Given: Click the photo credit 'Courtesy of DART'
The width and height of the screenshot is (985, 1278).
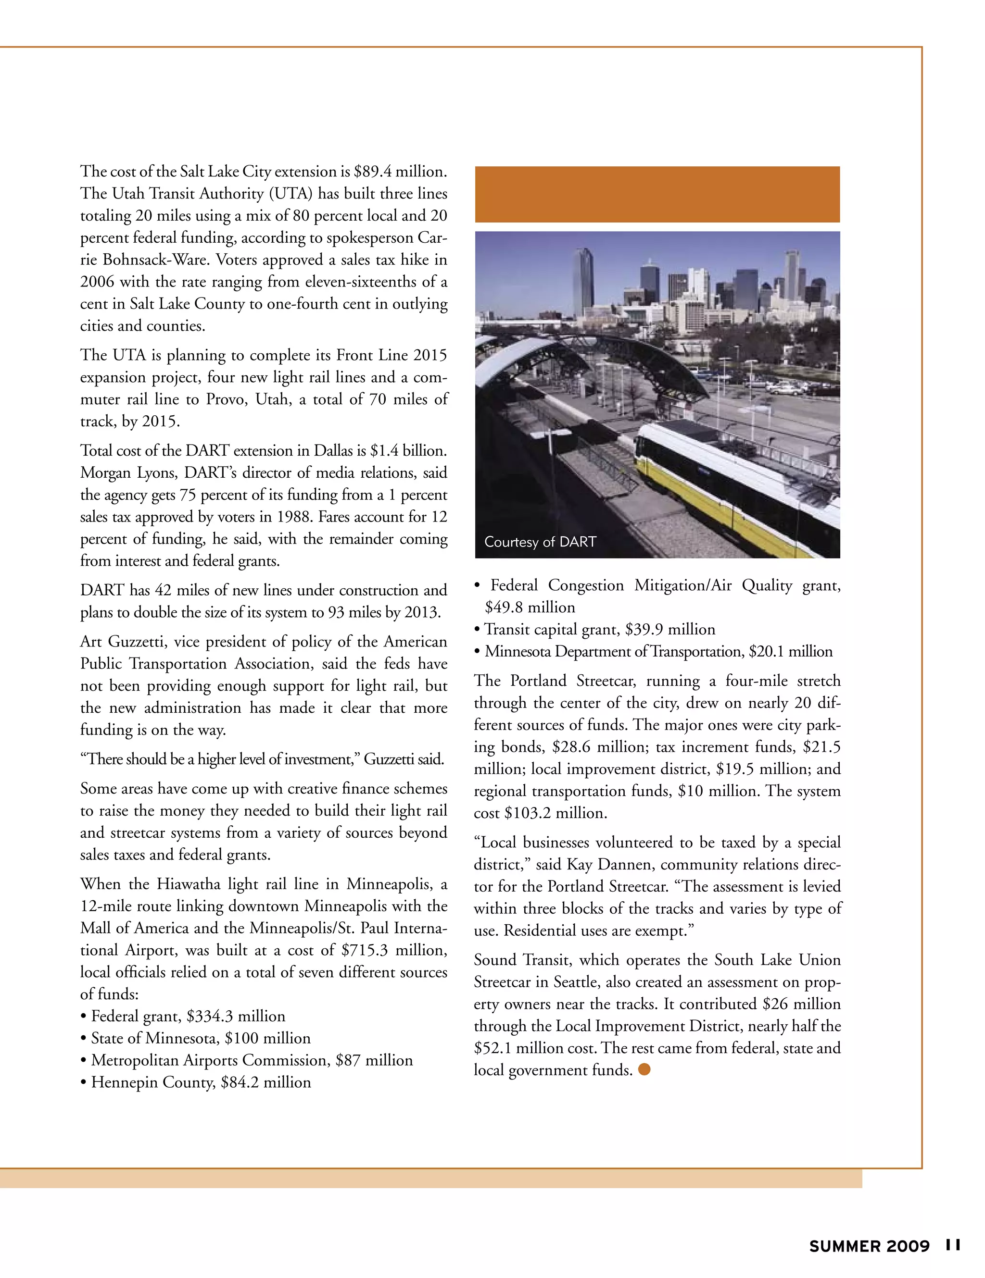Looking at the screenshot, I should [539, 542].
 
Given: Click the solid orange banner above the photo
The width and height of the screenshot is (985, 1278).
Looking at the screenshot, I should [657, 194].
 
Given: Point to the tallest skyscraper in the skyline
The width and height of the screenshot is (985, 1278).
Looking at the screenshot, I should [584, 281].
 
